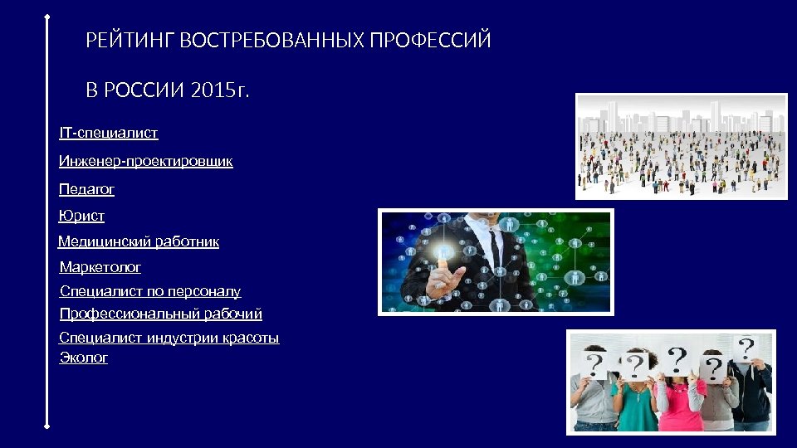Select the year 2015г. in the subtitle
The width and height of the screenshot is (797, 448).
click(219, 90)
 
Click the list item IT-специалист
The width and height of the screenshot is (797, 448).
click(108, 133)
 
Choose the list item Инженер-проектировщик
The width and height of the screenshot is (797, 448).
click(145, 161)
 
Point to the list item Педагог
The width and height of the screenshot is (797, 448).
click(86, 189)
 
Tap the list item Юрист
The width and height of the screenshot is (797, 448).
click(81, 216)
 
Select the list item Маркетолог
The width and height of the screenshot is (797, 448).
click(100, 267)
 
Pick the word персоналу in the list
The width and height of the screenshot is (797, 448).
click(204, 291)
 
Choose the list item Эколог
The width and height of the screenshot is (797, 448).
click(84, 358)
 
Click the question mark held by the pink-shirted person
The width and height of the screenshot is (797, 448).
click(678, 359)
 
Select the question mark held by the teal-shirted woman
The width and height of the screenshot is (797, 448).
click(636, 364)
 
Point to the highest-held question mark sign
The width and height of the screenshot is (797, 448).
click(746, 346)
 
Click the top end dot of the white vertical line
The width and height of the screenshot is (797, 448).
click(47, 15)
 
